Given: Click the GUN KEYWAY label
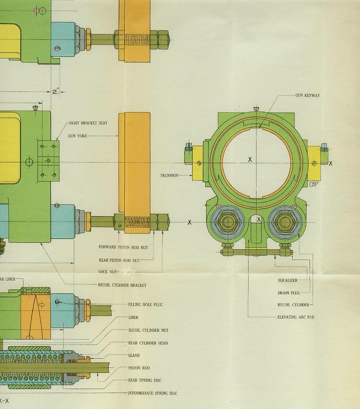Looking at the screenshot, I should [307, 96].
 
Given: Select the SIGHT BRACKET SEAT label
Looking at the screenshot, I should [88, 123].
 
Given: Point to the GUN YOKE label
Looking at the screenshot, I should [77, 136].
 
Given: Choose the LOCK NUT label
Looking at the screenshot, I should [107, 272].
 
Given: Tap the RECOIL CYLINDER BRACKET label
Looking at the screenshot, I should [122, 285].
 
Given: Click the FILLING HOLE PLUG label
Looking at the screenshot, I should [145, 305].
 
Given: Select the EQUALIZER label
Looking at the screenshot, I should [287, 280].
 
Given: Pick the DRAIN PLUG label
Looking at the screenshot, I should [289, 293].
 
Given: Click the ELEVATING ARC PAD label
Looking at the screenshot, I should [295, 317].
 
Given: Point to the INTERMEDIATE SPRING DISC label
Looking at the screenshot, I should [153, 393].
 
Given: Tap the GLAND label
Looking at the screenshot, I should [134, 355].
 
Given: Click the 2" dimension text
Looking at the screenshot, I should [56, 92].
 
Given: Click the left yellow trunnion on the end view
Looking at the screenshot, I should [198, 163].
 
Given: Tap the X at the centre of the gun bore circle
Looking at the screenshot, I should [250, 160].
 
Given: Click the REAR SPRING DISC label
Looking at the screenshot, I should [145, 380].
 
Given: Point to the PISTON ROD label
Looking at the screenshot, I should [139, 368].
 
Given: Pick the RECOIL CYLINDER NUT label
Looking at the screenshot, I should [148, 330].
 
